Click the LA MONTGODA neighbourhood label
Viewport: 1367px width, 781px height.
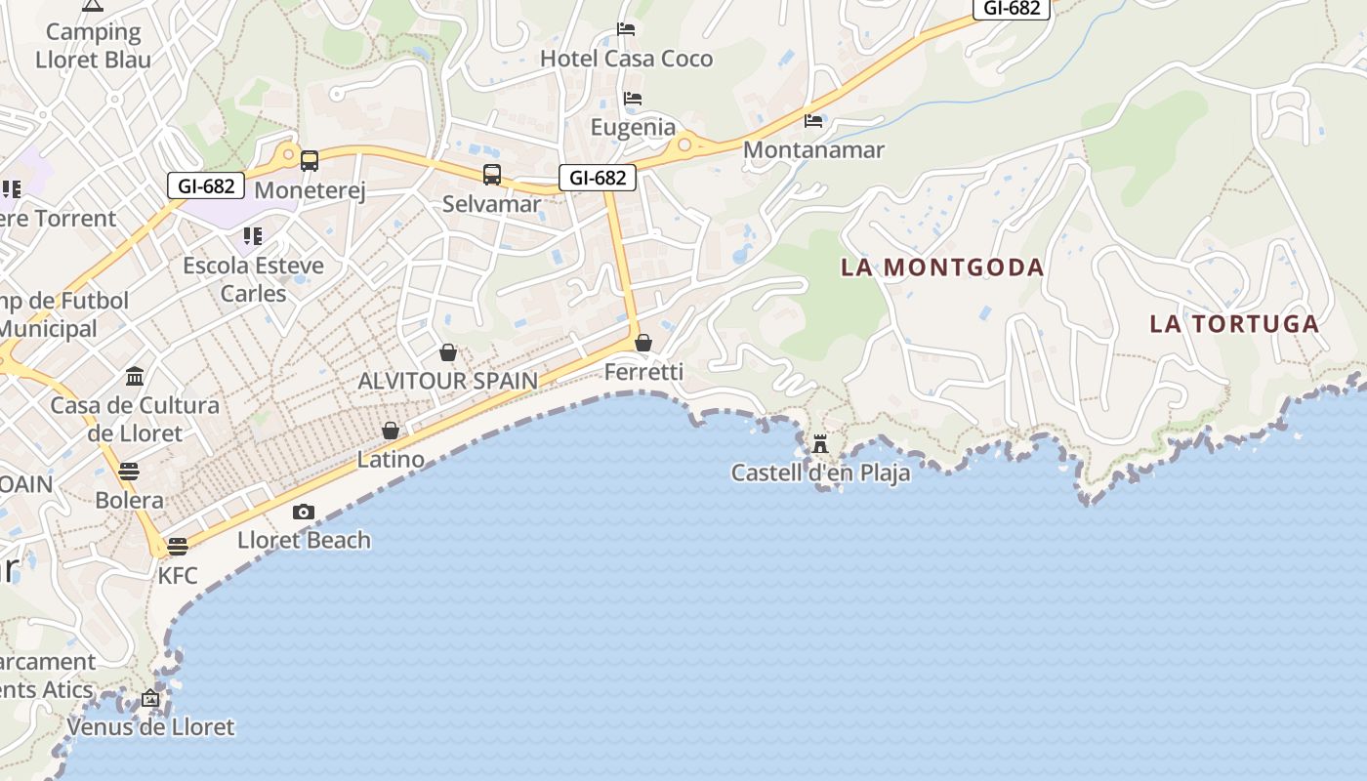[942, 267]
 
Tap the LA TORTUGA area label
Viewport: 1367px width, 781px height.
[1234, 324]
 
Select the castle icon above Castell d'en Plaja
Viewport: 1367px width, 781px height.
[820, 444]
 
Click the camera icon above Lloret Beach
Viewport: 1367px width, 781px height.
[304, 513]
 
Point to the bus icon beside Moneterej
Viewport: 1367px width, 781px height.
[310, 161]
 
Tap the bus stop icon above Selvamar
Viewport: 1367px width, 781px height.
[492, 175]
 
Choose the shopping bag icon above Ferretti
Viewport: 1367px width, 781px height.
[643, 343]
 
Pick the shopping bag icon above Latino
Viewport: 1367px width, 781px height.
[391, 431]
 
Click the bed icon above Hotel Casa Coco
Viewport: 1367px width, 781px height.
[626, 29]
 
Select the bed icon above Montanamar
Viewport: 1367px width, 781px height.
[813, 121]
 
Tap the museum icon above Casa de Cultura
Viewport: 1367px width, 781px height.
[135, 377]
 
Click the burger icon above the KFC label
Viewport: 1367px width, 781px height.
[177, 546]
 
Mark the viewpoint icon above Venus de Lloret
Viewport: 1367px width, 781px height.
[150, 698]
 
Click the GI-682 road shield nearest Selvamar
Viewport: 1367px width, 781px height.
[598, 178]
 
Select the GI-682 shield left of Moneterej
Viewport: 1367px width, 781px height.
[205, 185]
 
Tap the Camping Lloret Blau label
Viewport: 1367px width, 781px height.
[94, 46]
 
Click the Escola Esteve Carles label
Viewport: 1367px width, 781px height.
[253, 279]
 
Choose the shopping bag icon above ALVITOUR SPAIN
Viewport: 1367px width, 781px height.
[448, 352]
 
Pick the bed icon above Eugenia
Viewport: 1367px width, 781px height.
[633, 99]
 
